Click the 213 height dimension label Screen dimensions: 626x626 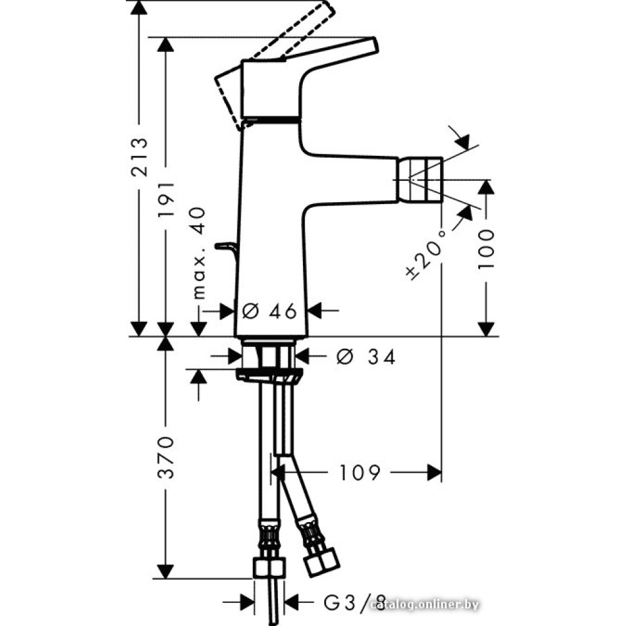pos(140,157)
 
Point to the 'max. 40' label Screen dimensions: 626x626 pos(198,253)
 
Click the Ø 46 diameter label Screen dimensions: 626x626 pos(270,311)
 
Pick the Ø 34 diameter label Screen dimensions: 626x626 pos(366,357)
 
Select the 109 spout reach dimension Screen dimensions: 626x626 pos(360,473)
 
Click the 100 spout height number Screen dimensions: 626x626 pos(486,249)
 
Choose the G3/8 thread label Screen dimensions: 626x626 pos(354,602)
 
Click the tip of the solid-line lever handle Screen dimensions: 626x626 pos(374,44)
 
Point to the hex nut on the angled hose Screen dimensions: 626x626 pos(321,563)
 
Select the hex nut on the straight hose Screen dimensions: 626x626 pos(269,568)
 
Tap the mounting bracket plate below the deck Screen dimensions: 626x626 pos(269,374)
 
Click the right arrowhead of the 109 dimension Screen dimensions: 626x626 pos(434,473)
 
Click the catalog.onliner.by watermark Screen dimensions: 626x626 pos(424,605)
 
